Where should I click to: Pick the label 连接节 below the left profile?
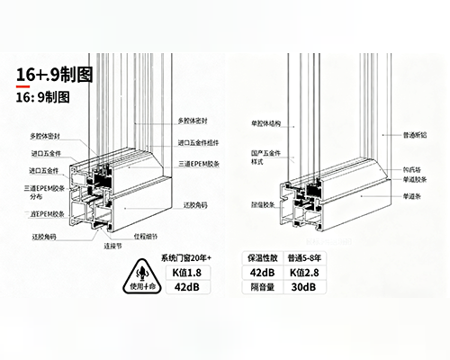(112, 245)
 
